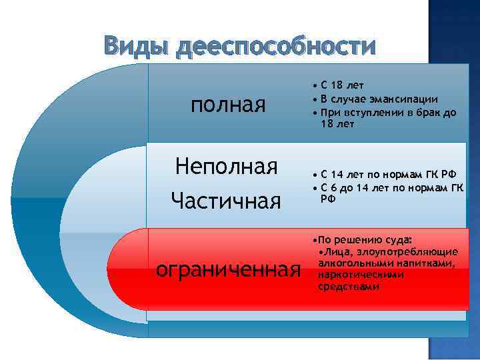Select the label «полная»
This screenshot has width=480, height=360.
(x=228, y=105)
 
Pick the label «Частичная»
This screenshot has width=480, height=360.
(x=226, y=200)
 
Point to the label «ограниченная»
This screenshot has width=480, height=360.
(x=226, y=269)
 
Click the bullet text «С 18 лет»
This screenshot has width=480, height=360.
(x=341, y=85)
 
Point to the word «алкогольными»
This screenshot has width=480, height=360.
(x=353, y=263)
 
